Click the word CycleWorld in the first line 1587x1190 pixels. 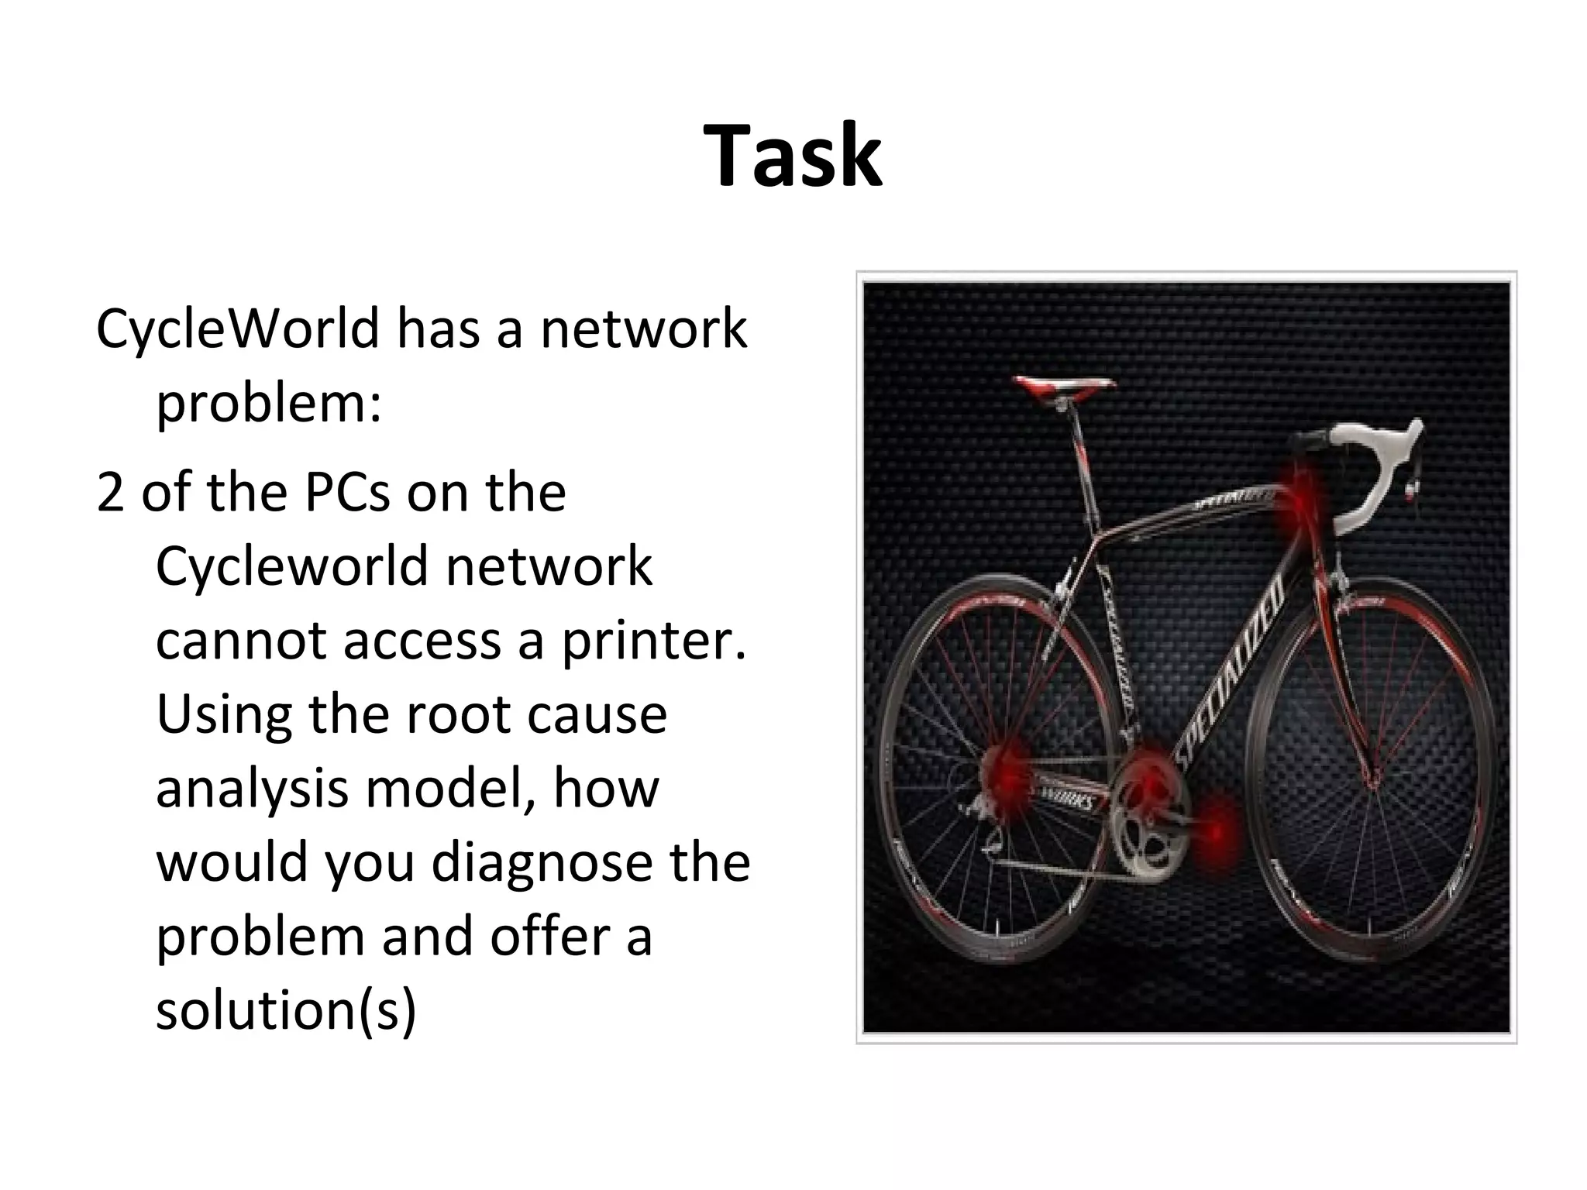(237, 328)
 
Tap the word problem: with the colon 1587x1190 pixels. (269, 403)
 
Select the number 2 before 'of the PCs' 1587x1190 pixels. (110, 493)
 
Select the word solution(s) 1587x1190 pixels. (286, 1010)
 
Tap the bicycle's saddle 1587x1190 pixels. (1064, 387)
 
